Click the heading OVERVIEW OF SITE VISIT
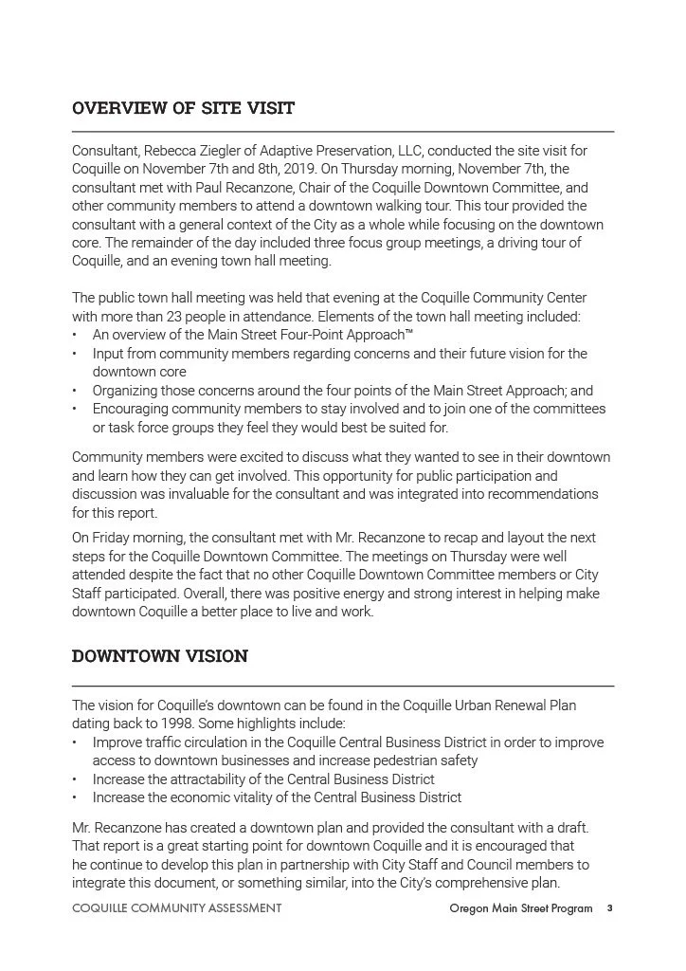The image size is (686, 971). pos(183,108)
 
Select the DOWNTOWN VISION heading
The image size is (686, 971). pos(160,656)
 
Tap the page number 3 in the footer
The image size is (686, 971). pos(609,908)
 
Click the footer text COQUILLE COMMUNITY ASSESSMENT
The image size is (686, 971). pos(176,908)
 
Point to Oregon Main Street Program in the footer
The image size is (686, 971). pos(521,908)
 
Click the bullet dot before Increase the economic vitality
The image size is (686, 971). pos(75,797)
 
